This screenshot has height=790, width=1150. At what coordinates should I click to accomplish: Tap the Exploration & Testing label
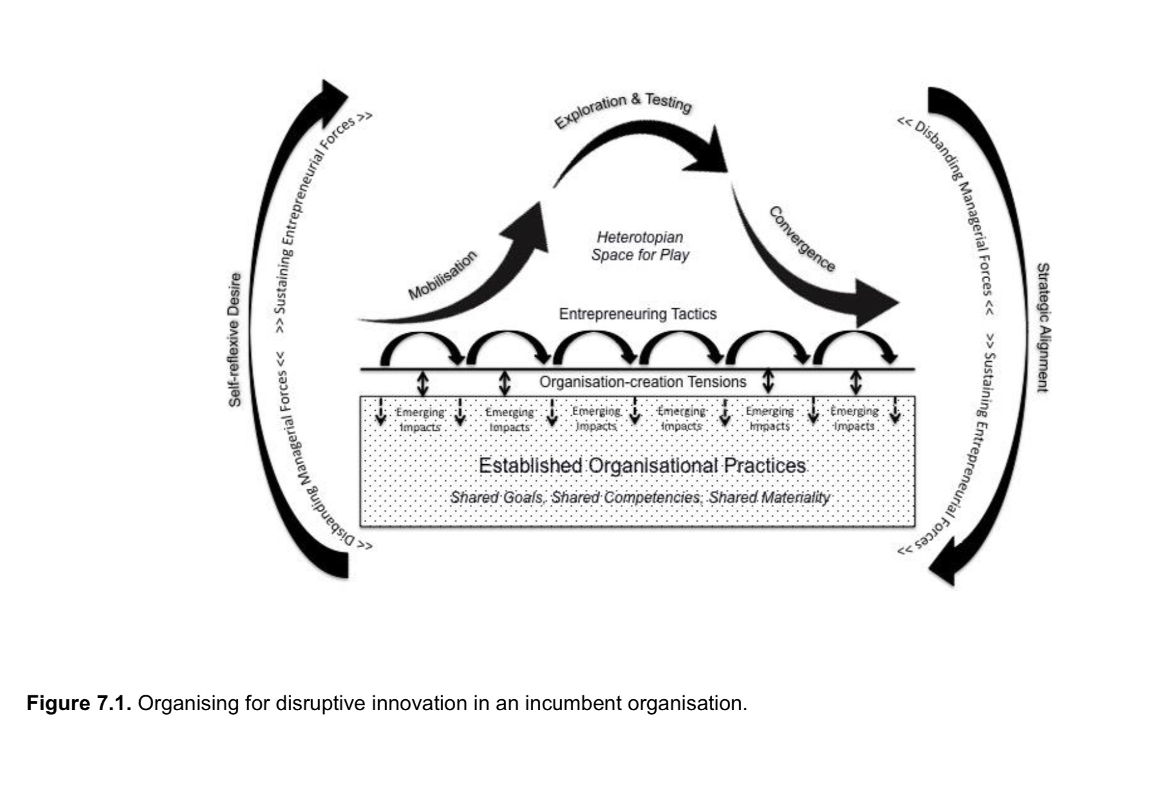(x=623, y=111)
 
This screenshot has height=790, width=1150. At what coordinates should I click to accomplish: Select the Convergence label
(x=802, y=240)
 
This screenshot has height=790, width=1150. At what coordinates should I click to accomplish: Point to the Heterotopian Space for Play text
(x=639, y=246)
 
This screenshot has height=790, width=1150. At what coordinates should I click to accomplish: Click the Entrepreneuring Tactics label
(x=637, y=314)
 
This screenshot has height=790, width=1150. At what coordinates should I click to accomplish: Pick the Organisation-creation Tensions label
(x=643, y=382)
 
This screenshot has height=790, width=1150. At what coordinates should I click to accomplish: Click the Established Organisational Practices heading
(x=642, y=466)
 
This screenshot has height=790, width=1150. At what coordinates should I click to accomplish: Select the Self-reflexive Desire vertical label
(x=236, y=340)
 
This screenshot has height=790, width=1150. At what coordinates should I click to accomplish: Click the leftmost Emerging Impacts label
(x=420, y=419)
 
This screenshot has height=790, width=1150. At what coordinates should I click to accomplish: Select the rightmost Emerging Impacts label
(x=854, y=419)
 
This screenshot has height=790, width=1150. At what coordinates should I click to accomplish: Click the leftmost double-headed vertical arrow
(x=422, y=383)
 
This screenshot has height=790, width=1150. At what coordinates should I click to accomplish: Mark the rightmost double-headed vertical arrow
(x=856, y=382)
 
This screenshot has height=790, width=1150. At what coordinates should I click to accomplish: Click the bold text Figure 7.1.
(x=79, y=703)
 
